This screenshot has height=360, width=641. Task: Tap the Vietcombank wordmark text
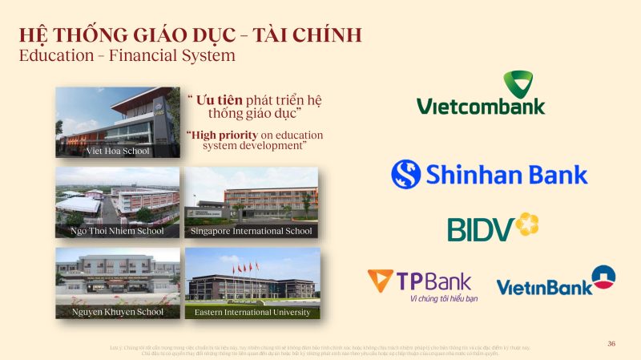[x=481, y=106]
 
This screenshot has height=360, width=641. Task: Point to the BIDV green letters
[x=479, y=229]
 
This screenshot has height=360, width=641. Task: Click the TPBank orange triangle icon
[x=380, y=281]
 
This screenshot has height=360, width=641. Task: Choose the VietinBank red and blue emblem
[x=603, y=277]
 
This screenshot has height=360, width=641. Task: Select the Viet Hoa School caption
[x=118, y=151]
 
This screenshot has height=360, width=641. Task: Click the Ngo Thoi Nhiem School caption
[x=117, y=231]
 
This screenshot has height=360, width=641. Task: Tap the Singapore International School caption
[x=252, y=231]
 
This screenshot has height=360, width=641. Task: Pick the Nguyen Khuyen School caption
[x=117, y=311]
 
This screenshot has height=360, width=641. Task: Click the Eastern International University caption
[x=252, y=311]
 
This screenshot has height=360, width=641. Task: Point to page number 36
[x=611, y=343]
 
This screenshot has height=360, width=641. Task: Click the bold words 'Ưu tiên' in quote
[x=220, y=100]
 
